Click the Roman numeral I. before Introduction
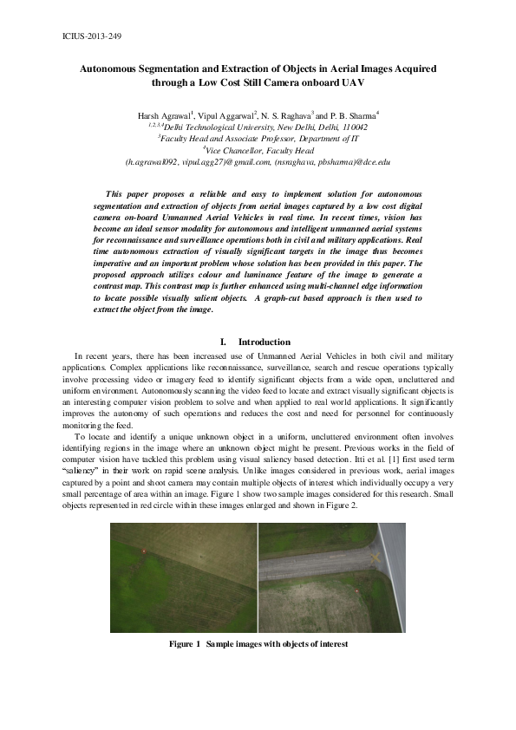pos(228,342)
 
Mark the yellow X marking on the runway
pos(375,557)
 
